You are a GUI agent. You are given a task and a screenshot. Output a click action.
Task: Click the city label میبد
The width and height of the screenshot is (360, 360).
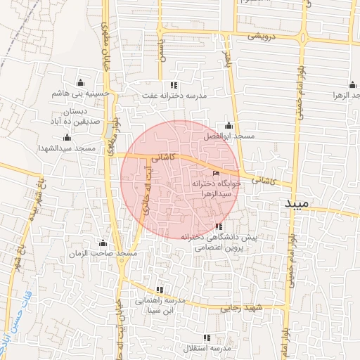[x=297, y=203]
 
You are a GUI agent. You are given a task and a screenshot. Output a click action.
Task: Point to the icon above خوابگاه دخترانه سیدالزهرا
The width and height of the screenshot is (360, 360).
[x=216, y=174]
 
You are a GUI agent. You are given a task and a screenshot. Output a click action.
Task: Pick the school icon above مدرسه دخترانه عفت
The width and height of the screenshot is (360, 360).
[x=174, y=85]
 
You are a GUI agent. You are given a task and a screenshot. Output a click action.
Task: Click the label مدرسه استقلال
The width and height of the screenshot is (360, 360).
[x=207, y=349]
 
